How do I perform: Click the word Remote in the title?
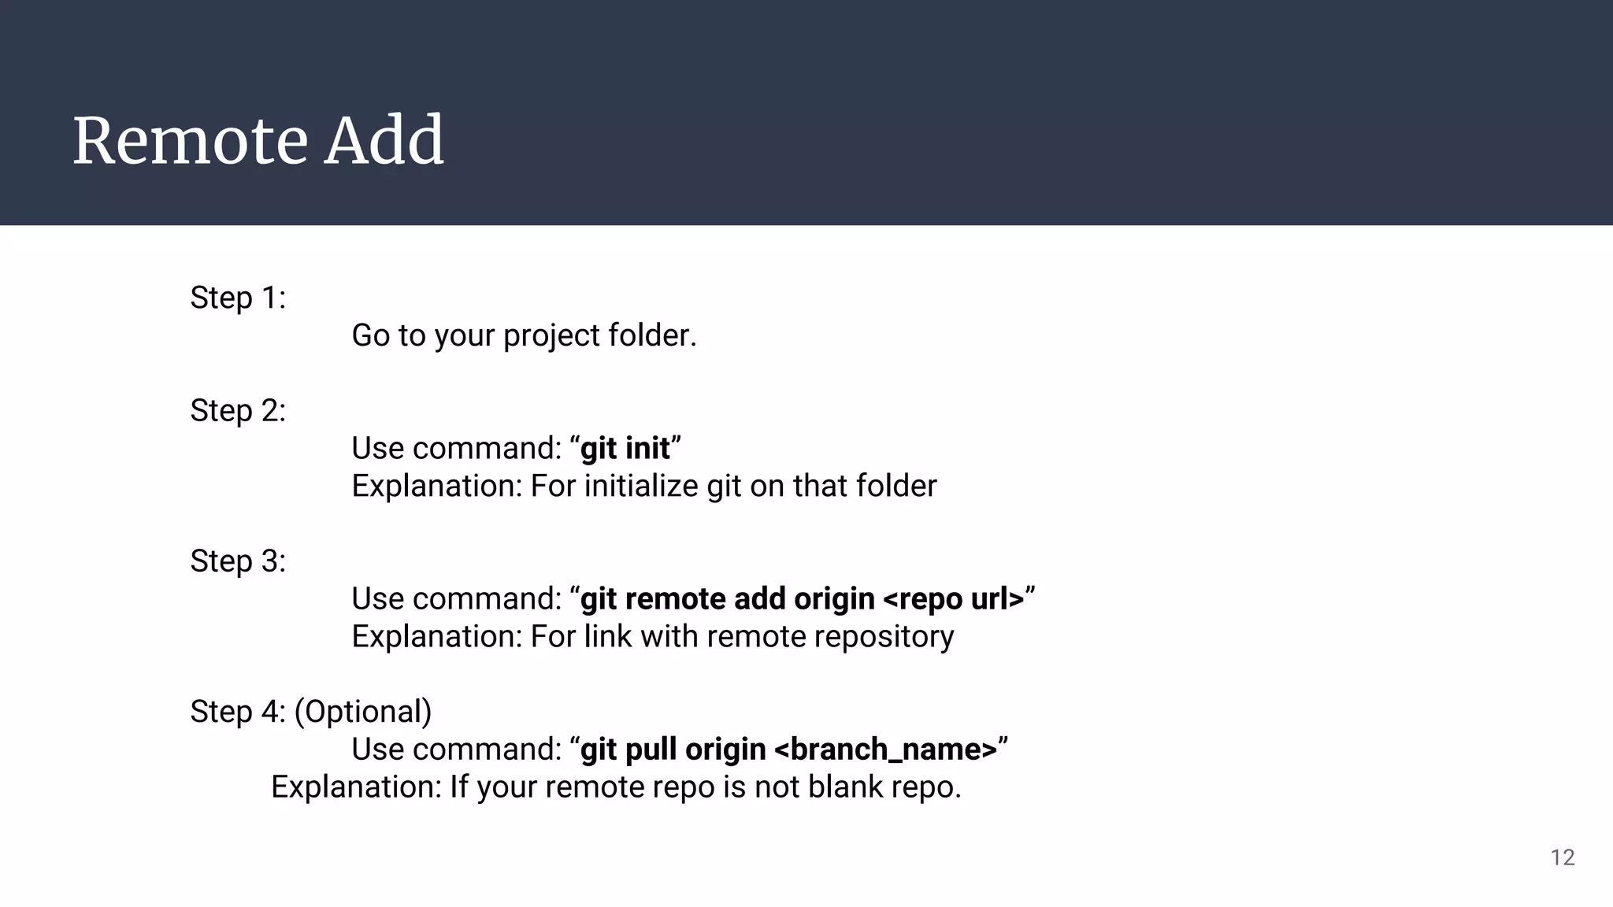tap(189, 142)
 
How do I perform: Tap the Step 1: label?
tap(238, 298)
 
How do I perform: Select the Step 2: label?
tap(238, 411)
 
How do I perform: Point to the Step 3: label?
tap(238, 561)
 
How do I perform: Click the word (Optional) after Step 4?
tap(363, 712)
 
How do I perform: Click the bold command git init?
tap(625, 449)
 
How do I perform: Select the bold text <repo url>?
tap(954, 599)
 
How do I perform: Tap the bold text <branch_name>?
tap(886, 750)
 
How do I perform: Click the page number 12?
tap(1563, 857)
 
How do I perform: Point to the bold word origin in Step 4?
tap(725, 750)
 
